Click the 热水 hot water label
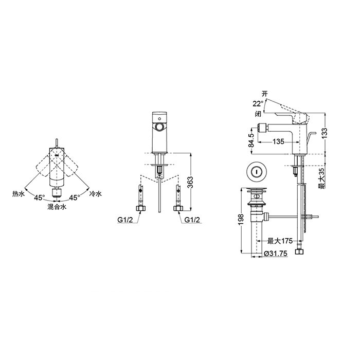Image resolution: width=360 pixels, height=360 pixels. pos(19,194)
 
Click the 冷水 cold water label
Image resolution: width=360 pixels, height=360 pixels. pos(96,194)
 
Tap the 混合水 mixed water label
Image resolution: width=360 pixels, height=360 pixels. pos(57,207)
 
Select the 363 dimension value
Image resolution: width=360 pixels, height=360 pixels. pos(190,182)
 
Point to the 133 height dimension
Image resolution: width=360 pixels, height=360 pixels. pos(325,133)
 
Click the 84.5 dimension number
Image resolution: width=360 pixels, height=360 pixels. pos(252,140)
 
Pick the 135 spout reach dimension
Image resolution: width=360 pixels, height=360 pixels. pos(279,141)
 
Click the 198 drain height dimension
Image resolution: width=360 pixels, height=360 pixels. pos(241,220)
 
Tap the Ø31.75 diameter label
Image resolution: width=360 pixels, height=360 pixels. pos(276,254)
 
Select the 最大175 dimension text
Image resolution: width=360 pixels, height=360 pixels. pos(280,241)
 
